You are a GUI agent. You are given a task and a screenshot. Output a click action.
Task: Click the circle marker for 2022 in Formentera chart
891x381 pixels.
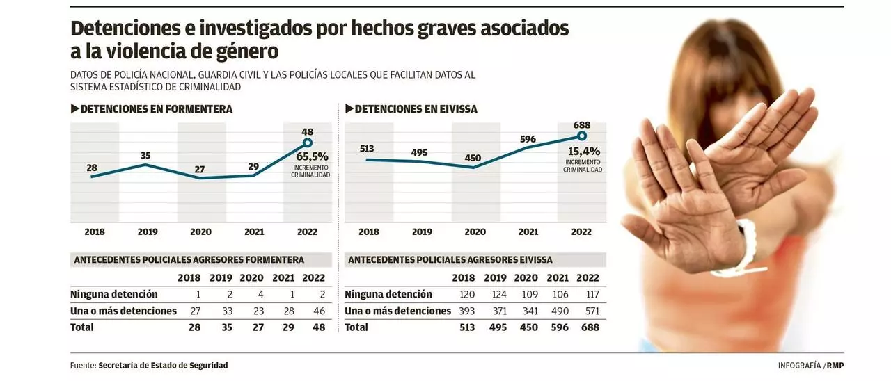pos(307,143)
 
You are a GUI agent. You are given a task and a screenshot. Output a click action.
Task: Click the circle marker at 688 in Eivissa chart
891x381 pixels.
pos(582,136)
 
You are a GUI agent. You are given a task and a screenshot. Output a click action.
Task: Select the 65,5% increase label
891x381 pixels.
pos(311,157)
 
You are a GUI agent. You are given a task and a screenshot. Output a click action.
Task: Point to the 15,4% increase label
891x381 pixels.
pos(583,151)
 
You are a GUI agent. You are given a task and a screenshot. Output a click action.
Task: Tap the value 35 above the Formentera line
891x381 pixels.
pos(145,155)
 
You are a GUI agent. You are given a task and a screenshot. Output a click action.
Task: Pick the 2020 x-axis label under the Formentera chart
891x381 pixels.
pos(201,232)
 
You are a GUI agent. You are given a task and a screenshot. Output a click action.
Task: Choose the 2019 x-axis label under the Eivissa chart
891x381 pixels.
pos(422,232)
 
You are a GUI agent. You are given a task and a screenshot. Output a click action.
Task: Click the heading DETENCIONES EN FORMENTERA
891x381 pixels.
pos(156,109)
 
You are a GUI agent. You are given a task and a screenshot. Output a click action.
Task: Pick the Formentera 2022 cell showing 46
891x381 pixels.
pos(319,311)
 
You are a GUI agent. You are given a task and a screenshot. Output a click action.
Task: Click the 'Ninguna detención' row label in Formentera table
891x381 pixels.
pos(114,295)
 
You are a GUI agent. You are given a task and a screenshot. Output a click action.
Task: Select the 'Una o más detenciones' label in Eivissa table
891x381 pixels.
pos(397,311)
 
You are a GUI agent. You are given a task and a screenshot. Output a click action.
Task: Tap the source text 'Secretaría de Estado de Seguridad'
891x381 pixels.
pos(163,366)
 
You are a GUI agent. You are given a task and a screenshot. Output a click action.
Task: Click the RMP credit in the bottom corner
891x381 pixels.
pos(835,366)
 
